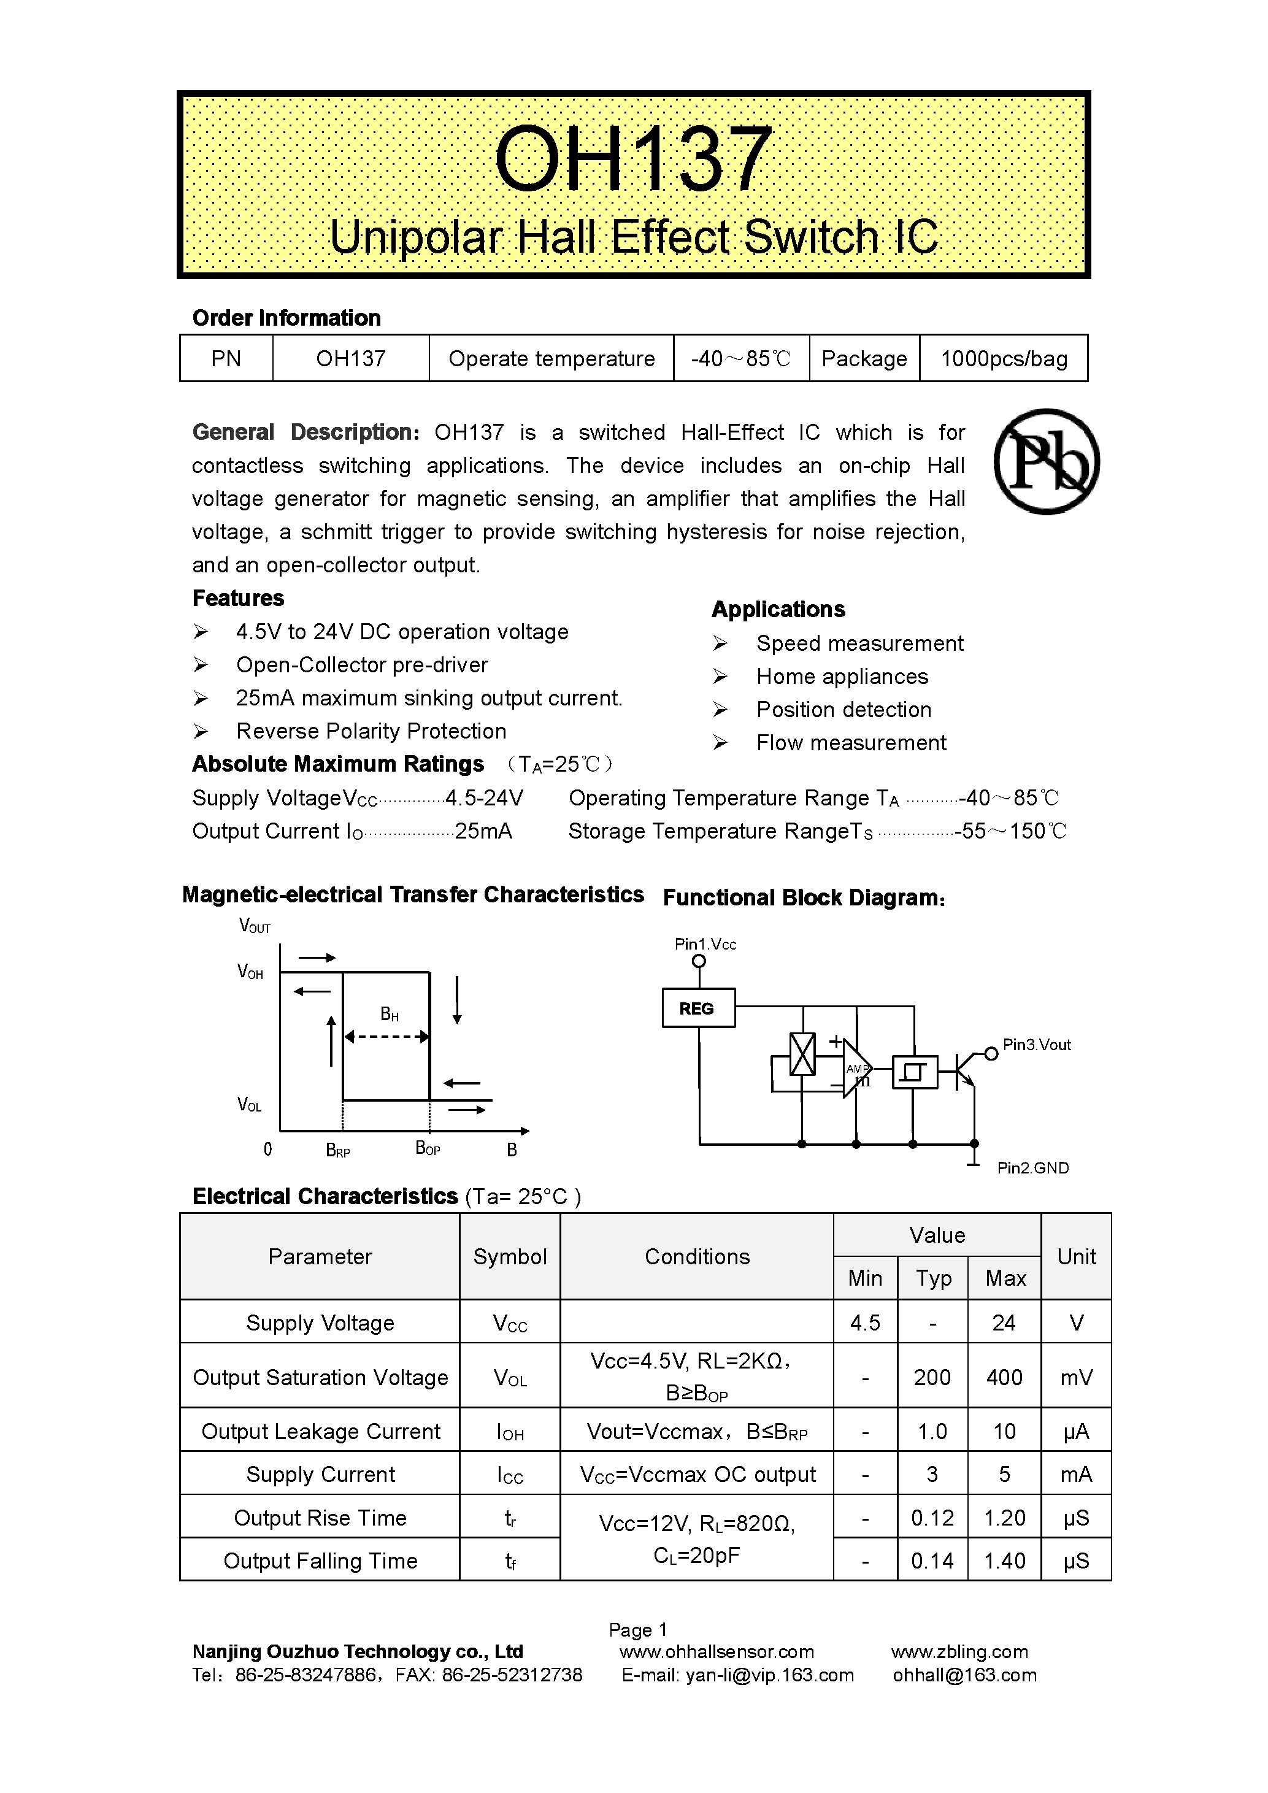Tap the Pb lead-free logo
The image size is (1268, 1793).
click(x=1047, y=461)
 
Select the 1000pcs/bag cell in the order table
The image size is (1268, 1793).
click(x=1004, y=358)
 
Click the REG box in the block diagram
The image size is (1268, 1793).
click(x=698, y=1008)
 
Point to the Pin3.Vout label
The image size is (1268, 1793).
click(x=1036, y=1045)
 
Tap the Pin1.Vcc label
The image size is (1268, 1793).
click(x=705, y=944)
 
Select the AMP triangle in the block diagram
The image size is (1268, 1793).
click(x=856, y=1069)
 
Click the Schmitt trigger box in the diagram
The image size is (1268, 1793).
click(x=914, y=1072)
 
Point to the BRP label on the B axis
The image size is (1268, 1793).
click(x=338, y=1150)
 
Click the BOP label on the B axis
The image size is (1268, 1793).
click(x=427, y=1148)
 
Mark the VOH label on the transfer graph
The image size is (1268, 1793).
click(x=250, y=972)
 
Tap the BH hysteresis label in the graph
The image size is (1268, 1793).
click(x=389, y=1015)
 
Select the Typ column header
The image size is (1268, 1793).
click(x=933, y=1278)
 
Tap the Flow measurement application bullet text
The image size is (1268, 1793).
click(x=850, y=743)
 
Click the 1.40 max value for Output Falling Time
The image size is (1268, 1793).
click(x=1004, y=1561)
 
